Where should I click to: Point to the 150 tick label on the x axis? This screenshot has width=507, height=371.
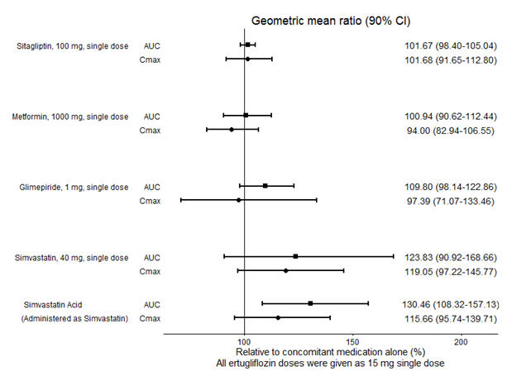point(352,341)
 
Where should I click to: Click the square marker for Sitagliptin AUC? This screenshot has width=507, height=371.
point(248,45)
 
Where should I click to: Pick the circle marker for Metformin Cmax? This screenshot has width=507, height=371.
point(232,130)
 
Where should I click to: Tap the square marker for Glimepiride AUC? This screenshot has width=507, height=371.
point(265,186)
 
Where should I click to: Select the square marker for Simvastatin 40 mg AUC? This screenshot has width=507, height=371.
point(295,256)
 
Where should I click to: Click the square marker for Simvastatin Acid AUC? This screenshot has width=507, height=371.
point(310,303)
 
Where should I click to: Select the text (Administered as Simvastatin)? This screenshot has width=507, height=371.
point(70,318)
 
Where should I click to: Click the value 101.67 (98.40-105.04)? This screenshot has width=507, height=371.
point(445,45)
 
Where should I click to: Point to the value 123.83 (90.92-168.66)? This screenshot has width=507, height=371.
point(445,257)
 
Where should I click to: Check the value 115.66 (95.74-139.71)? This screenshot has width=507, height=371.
point(445,318)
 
